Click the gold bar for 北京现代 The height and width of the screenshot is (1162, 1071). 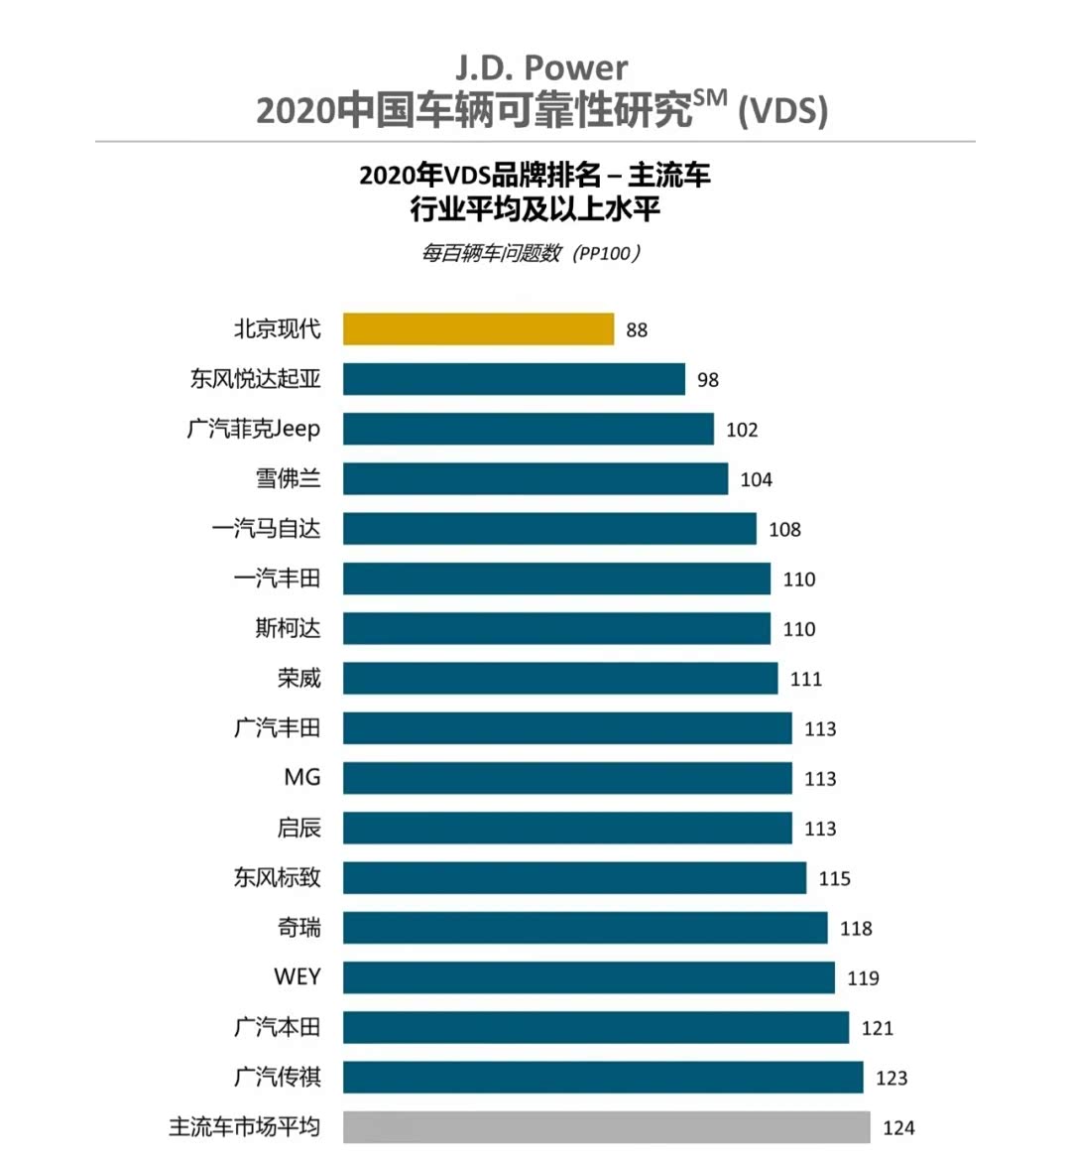tap(478, 329)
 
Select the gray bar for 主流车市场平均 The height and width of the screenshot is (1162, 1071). tap(606, 1127)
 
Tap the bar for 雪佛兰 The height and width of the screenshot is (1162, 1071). tap(535, 479)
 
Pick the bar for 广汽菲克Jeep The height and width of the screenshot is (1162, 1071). tap(529, 429)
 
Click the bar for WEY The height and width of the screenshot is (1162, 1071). tap(589, 977)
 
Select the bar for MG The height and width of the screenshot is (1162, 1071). tap(567, 778)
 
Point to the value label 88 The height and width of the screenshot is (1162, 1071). tap(637, 330)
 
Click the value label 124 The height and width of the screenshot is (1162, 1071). tap(898, 1128)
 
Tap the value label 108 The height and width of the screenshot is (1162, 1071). tap(784, 530)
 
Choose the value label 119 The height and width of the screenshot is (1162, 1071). tap(863, 978)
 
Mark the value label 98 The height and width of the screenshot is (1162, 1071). tap(707, 380)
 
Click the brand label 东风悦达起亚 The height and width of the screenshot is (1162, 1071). tap(256, 379)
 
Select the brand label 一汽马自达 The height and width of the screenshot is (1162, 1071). tap(267, 529)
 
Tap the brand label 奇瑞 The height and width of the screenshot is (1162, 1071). tap(298, 928)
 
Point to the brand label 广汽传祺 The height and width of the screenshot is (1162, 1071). tap(278, 1077)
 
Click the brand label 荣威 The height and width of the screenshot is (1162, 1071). tap(298, 679)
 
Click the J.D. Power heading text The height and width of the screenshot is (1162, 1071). tap(541, 67)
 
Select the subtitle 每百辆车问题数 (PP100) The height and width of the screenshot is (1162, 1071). tap(532, 253)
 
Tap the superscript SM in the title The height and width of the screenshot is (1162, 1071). tap(710, 97)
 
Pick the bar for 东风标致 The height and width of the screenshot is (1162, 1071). tap(574, 878)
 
